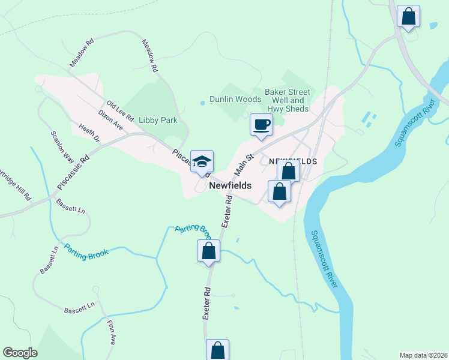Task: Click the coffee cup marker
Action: click(261, 125)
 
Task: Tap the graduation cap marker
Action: click(202, 161)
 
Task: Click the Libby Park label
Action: click(158, 120)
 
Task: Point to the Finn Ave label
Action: click(111, 331)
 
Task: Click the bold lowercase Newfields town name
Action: click(230, 186)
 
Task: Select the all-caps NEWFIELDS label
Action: click(292, 162)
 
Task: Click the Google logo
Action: click(20, 353)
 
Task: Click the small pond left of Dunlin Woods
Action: click(202, 103)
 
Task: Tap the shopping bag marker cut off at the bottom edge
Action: click(217, 350)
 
